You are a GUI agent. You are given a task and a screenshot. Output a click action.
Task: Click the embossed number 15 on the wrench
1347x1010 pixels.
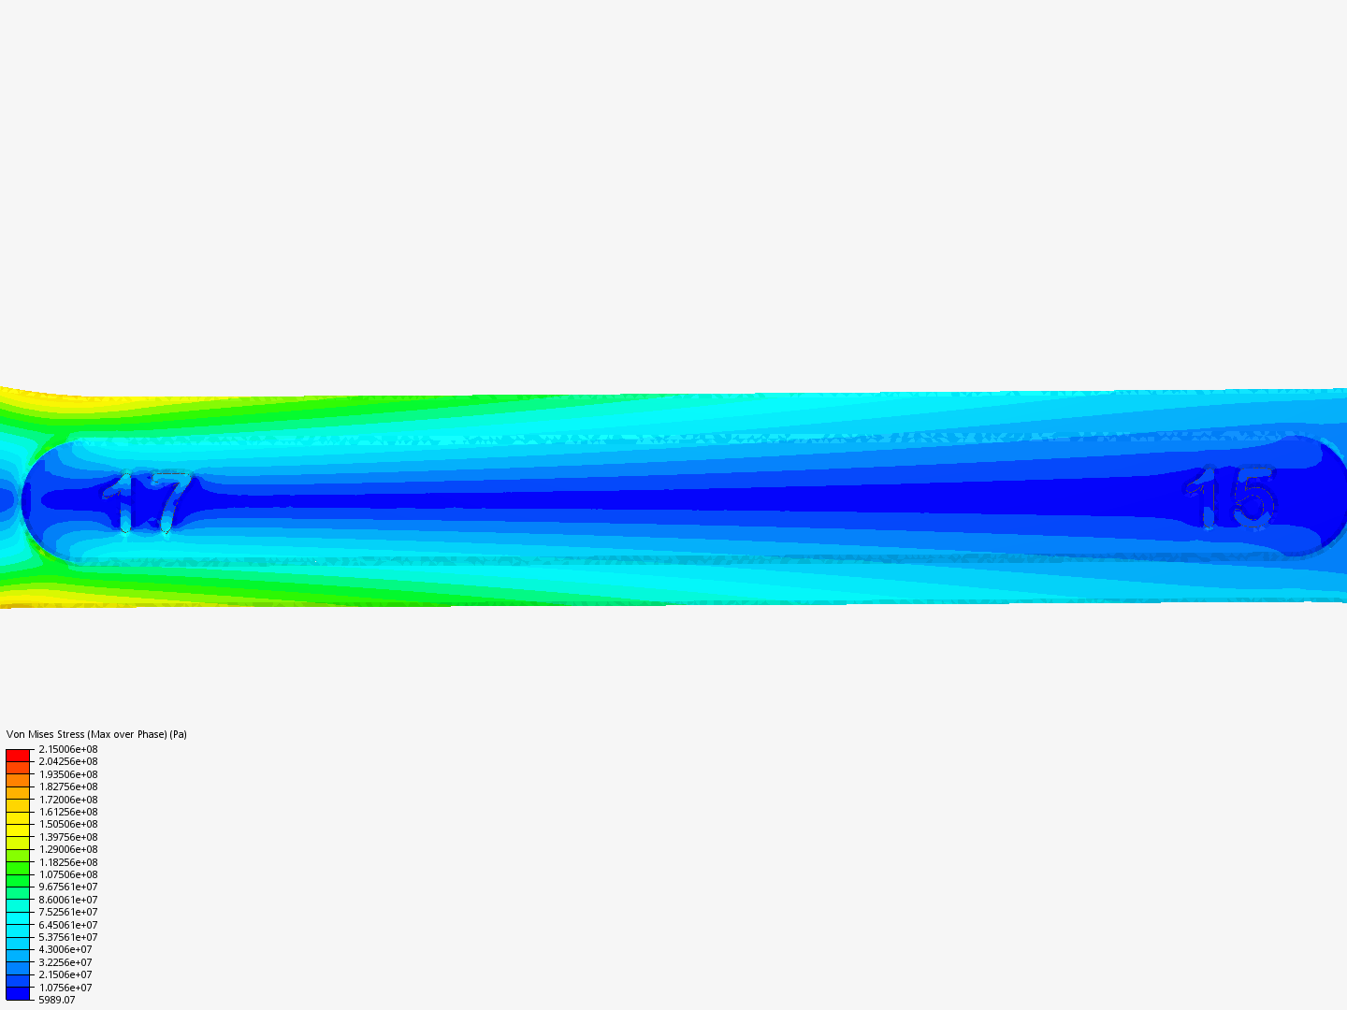[1231, 498]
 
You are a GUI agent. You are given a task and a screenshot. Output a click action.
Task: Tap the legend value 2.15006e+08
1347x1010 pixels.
[68, 749]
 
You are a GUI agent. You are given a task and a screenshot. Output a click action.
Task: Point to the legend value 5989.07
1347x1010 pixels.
[56, 1000]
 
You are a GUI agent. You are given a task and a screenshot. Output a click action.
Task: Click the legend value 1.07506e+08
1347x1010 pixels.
[68, 874]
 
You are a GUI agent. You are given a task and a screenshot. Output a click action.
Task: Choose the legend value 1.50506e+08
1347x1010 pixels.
[68, 824]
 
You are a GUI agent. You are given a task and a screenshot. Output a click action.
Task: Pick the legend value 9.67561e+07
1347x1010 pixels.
[68, 887]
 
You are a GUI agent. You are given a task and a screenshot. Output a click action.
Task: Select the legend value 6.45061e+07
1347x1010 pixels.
[68, 925]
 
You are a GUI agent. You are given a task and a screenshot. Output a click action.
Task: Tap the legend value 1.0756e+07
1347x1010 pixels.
[65, 988]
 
